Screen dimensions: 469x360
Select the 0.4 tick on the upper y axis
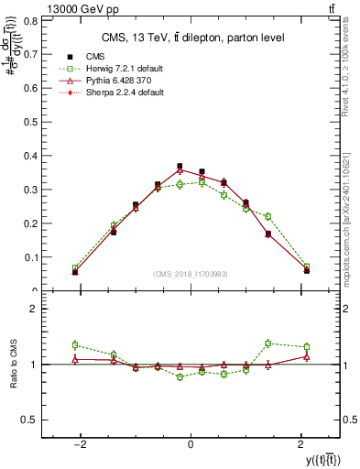(36, 155)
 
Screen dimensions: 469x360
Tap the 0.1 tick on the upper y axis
(36, 257)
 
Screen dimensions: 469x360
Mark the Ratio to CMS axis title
(15, 365)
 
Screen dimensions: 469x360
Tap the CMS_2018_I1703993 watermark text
(191, 274)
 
